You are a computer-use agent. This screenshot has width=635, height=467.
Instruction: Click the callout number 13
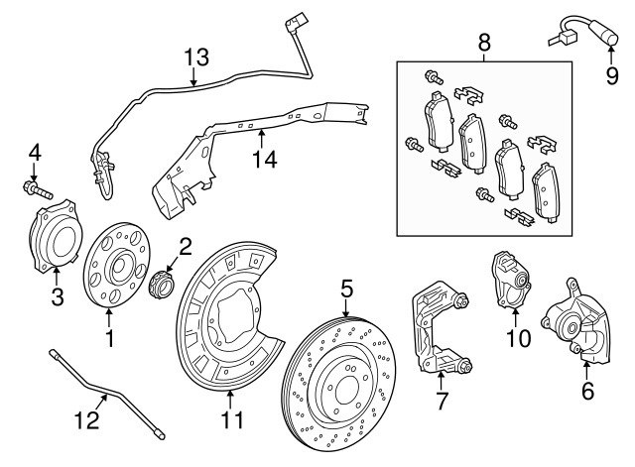[196, 57]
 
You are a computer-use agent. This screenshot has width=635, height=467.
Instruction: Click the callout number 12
[87, 419]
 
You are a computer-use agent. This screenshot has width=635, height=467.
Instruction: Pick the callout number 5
[346, 290]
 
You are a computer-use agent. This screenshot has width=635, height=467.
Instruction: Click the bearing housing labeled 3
[56, 239]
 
